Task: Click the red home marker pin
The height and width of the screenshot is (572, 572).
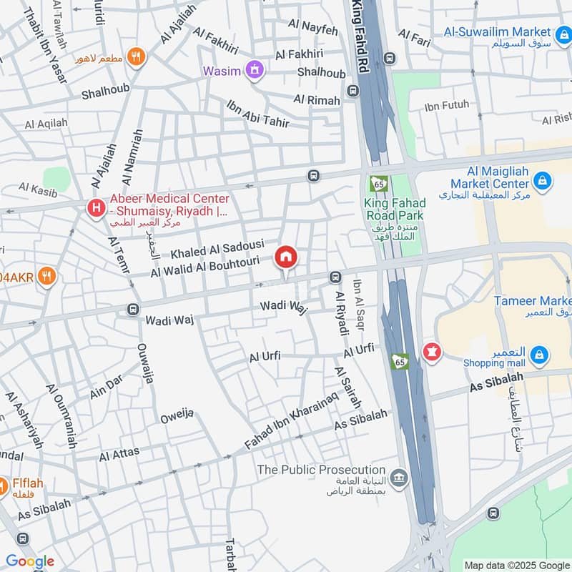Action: point(286,257)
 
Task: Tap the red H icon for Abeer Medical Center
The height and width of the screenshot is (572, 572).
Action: point(94,208)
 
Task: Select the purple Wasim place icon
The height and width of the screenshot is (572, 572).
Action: point(253,70)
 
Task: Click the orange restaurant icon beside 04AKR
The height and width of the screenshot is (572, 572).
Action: point(46,276)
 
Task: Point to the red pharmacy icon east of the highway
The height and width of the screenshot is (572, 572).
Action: point(432,352)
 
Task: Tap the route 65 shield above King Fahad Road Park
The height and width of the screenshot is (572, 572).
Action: point(377,184)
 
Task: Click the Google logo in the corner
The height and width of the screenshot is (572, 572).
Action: point(29,561)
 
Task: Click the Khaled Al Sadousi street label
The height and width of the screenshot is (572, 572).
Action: point(217,250)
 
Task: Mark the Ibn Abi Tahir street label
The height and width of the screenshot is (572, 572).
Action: point(257,114)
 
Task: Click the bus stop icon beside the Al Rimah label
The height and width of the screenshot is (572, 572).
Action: point(352,91)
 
